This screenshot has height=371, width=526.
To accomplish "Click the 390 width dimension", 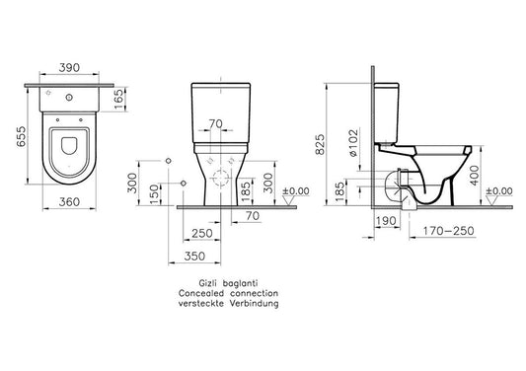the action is [69, 68].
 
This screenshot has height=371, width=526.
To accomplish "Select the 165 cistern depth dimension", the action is [119, 99].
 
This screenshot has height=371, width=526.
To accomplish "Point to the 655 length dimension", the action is [21, 136].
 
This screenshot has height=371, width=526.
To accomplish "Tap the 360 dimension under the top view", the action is [69, 202].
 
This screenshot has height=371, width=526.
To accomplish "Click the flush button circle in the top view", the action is [69, 98].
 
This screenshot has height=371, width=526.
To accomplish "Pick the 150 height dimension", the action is [153, 193].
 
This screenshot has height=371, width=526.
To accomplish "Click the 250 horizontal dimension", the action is [202, 233].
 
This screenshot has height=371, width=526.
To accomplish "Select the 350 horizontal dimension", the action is [194, 257].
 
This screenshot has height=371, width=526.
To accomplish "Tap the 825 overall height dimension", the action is [321, 144].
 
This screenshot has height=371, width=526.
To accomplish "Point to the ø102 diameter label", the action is [353, 143].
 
